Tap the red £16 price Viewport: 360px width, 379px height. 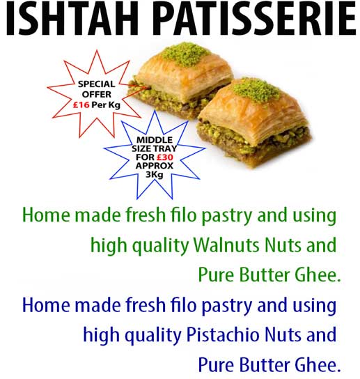(x=81, y=105)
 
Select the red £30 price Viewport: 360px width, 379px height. (x=165, y=157)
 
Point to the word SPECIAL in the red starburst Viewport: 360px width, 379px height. (x=96, y=84)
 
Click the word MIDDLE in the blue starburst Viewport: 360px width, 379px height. (x=155, y=140)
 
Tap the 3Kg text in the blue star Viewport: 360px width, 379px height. (x=155, y=174)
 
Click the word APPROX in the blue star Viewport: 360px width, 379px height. (x=155, y=166)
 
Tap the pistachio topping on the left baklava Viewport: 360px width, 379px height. (x=185, y=54)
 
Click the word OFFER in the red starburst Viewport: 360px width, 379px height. (x=97, y=94)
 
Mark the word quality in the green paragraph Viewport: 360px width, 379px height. (x=159, y=245)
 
